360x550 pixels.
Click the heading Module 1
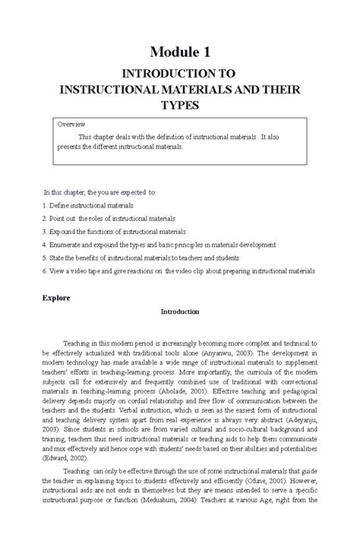[180, 52]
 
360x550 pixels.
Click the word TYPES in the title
[180, 103]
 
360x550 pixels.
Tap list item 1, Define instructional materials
[87, 205]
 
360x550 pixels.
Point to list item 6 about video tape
[178, 270]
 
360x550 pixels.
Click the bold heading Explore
[56, 298]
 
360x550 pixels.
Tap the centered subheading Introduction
[179, 311]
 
